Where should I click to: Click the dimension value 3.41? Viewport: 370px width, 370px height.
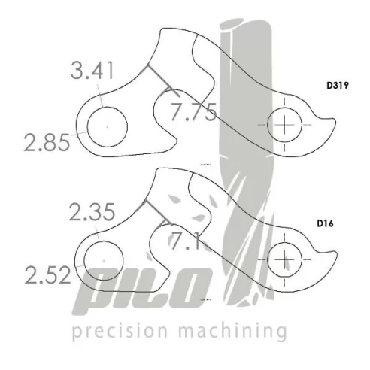92,73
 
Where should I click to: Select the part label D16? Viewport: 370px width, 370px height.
325,223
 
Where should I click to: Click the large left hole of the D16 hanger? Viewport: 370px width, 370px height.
104,259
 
